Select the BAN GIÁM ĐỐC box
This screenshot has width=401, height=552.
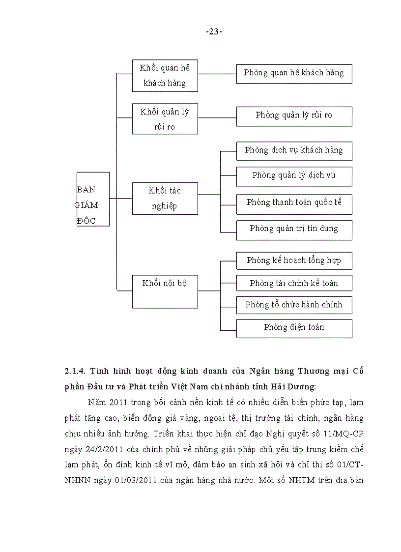93,199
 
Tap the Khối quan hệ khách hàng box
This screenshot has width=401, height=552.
165,76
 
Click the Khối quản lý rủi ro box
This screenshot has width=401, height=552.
165,119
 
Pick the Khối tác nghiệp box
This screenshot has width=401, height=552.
165,198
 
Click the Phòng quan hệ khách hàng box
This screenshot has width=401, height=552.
294,73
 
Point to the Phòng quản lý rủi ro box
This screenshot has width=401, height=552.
294,116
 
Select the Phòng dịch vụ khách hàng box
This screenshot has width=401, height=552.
294,150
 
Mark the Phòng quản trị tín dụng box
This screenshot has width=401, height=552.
294,230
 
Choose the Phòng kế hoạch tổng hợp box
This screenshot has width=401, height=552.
294,261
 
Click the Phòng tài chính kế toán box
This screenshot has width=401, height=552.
294,284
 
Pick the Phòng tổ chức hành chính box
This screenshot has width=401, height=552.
294,305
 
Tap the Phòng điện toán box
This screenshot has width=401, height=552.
294,328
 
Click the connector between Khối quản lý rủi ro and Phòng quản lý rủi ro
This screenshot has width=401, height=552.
217,118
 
